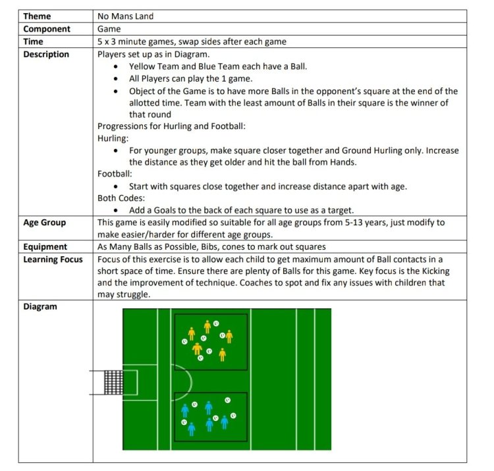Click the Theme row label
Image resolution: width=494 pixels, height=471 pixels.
37,16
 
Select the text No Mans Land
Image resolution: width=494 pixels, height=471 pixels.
125,16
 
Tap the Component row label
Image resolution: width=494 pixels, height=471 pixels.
47,29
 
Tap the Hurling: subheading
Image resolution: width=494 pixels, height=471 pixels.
113,138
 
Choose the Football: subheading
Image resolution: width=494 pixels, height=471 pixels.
115,174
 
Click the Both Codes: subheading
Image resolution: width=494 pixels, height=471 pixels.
121,198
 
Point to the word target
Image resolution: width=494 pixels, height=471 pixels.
341,210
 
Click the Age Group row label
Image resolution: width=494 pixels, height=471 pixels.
44,223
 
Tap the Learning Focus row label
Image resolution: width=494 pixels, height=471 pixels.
53,260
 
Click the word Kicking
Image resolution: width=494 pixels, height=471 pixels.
436,271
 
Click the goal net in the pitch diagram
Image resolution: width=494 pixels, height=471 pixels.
113,382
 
